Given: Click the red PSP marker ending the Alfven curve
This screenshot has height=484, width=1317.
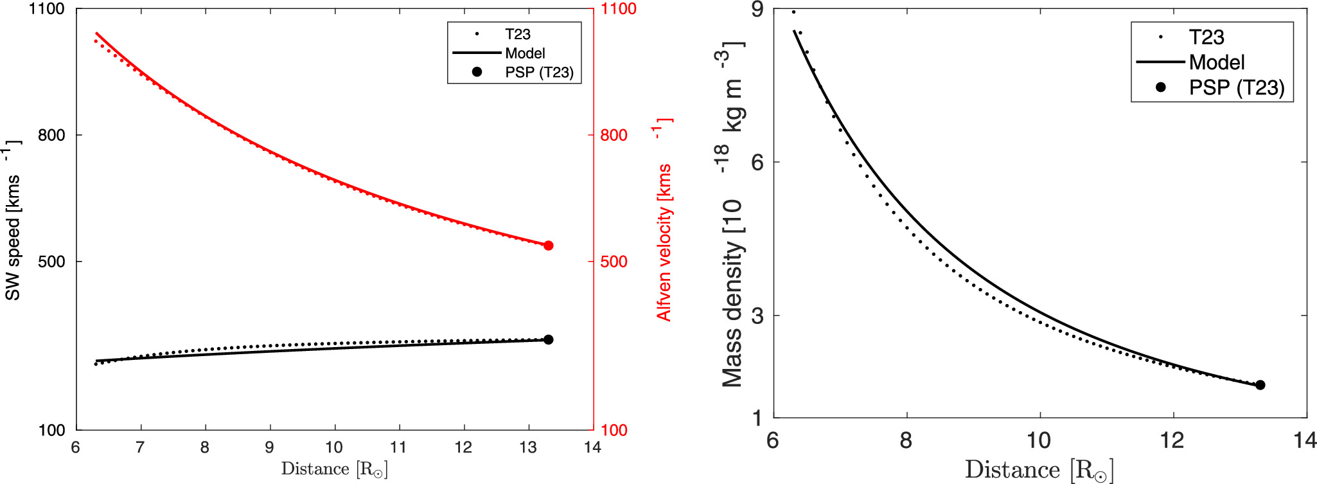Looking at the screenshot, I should [548, 246].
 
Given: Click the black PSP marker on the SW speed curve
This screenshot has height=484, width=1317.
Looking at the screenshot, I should [548, 339].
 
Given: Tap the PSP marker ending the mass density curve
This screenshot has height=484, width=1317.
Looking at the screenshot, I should [1260, 385].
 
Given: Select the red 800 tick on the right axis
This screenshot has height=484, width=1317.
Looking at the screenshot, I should [614, 136].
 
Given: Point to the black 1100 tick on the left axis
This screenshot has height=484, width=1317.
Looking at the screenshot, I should [47, 9].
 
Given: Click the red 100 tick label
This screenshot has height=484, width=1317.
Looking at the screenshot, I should [614, 431].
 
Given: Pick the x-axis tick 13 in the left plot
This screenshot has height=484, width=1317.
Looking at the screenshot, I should [527, 447].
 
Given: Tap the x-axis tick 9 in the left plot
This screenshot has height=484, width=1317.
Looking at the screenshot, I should [269, 447].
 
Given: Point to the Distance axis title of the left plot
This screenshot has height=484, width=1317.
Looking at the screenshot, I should [334, 469].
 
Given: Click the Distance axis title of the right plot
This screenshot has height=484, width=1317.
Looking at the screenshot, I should [1039, 470].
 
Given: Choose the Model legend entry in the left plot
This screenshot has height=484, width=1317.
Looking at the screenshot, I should [525, 53].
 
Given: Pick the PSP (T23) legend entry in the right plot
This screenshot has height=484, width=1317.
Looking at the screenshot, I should [1236, 87].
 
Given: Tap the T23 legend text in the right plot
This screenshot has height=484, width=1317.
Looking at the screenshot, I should [1206, 37].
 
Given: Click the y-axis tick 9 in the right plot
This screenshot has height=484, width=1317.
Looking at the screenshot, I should [757, 9].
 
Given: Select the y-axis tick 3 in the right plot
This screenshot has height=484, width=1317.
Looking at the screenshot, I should [757, 316].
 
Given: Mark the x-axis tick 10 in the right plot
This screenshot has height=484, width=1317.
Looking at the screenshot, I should [1039, 440].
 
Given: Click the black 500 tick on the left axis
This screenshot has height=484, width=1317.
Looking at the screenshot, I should [51, 262].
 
